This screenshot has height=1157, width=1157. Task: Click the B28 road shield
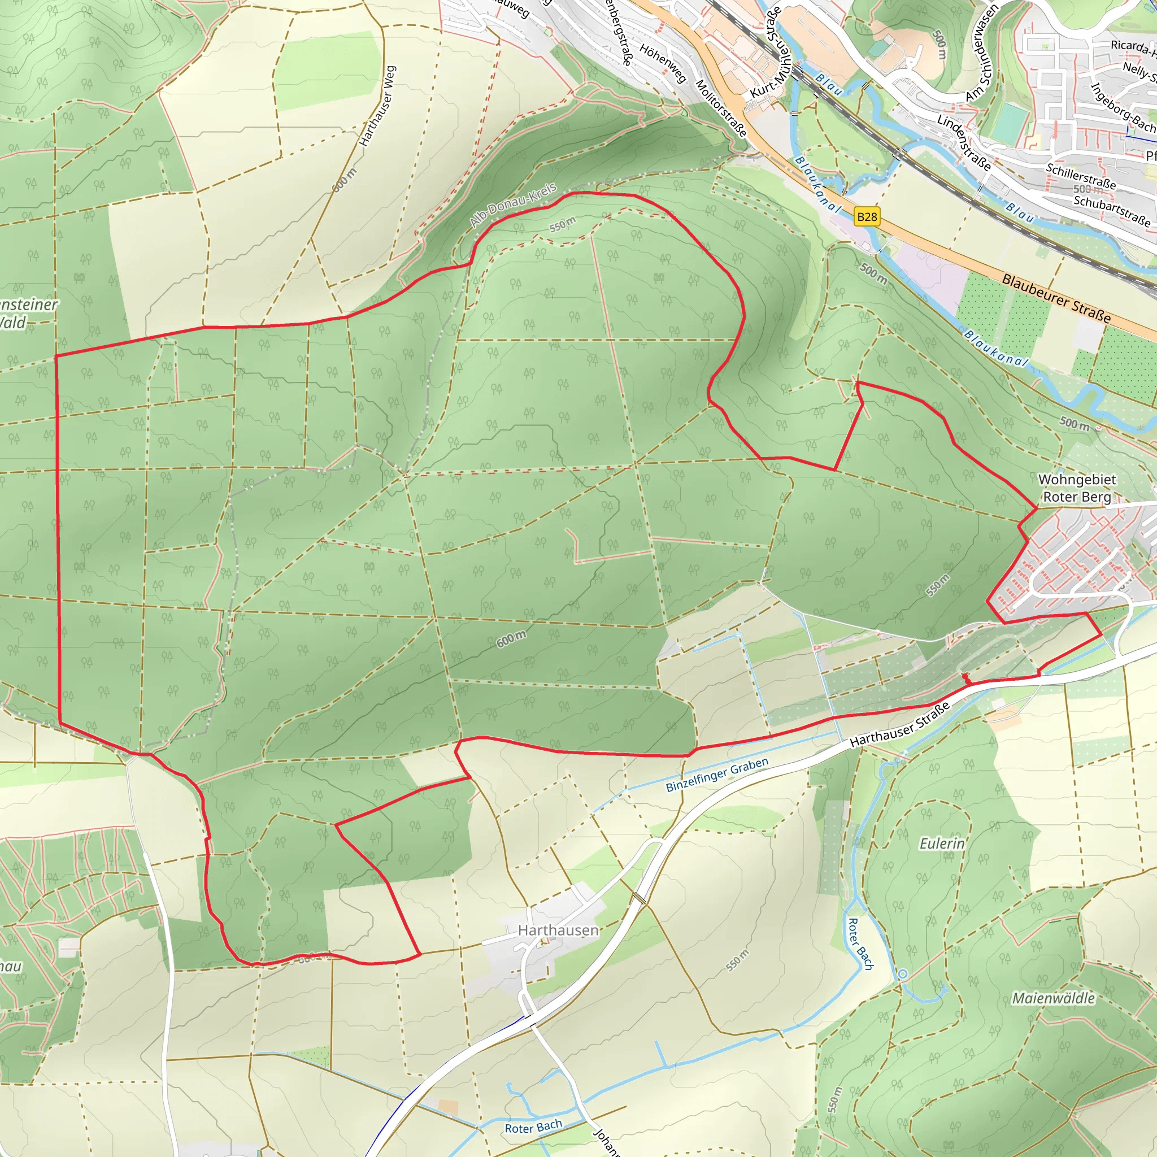pyautogui.click(x=867, y=217)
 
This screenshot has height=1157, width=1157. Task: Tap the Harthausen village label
pyautogui.click(x=558, y=930)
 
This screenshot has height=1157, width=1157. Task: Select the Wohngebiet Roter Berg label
pyautogui.click(x=1077, y=488)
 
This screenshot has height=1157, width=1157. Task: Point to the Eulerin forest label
pyautogui.click(x=942, y=844)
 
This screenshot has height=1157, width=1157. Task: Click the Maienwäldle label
pyautogui.click(x=1054, y=998)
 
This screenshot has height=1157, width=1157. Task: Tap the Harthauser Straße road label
pyautogui.click(x=899, y=725)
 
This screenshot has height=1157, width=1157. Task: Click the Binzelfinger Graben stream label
pyautogui.click(x=717, y=775)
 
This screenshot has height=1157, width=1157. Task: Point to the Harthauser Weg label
pyautogui.click(x=377, y=106)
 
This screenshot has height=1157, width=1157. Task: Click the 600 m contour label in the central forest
pyautogui.click(x=511, y=639)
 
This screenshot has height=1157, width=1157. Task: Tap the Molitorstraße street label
pyautogui.click(x=721, y=108)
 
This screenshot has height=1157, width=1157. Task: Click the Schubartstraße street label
pyautogui.click(x=1111, y=210)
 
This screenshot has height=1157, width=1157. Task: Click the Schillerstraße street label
pyautogui.click(x=1081, y=176)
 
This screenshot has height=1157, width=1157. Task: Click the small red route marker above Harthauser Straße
pyautogui.click(x=965, y=677)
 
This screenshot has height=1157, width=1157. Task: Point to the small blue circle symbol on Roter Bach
pyautogui.click(x=902, y=975)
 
